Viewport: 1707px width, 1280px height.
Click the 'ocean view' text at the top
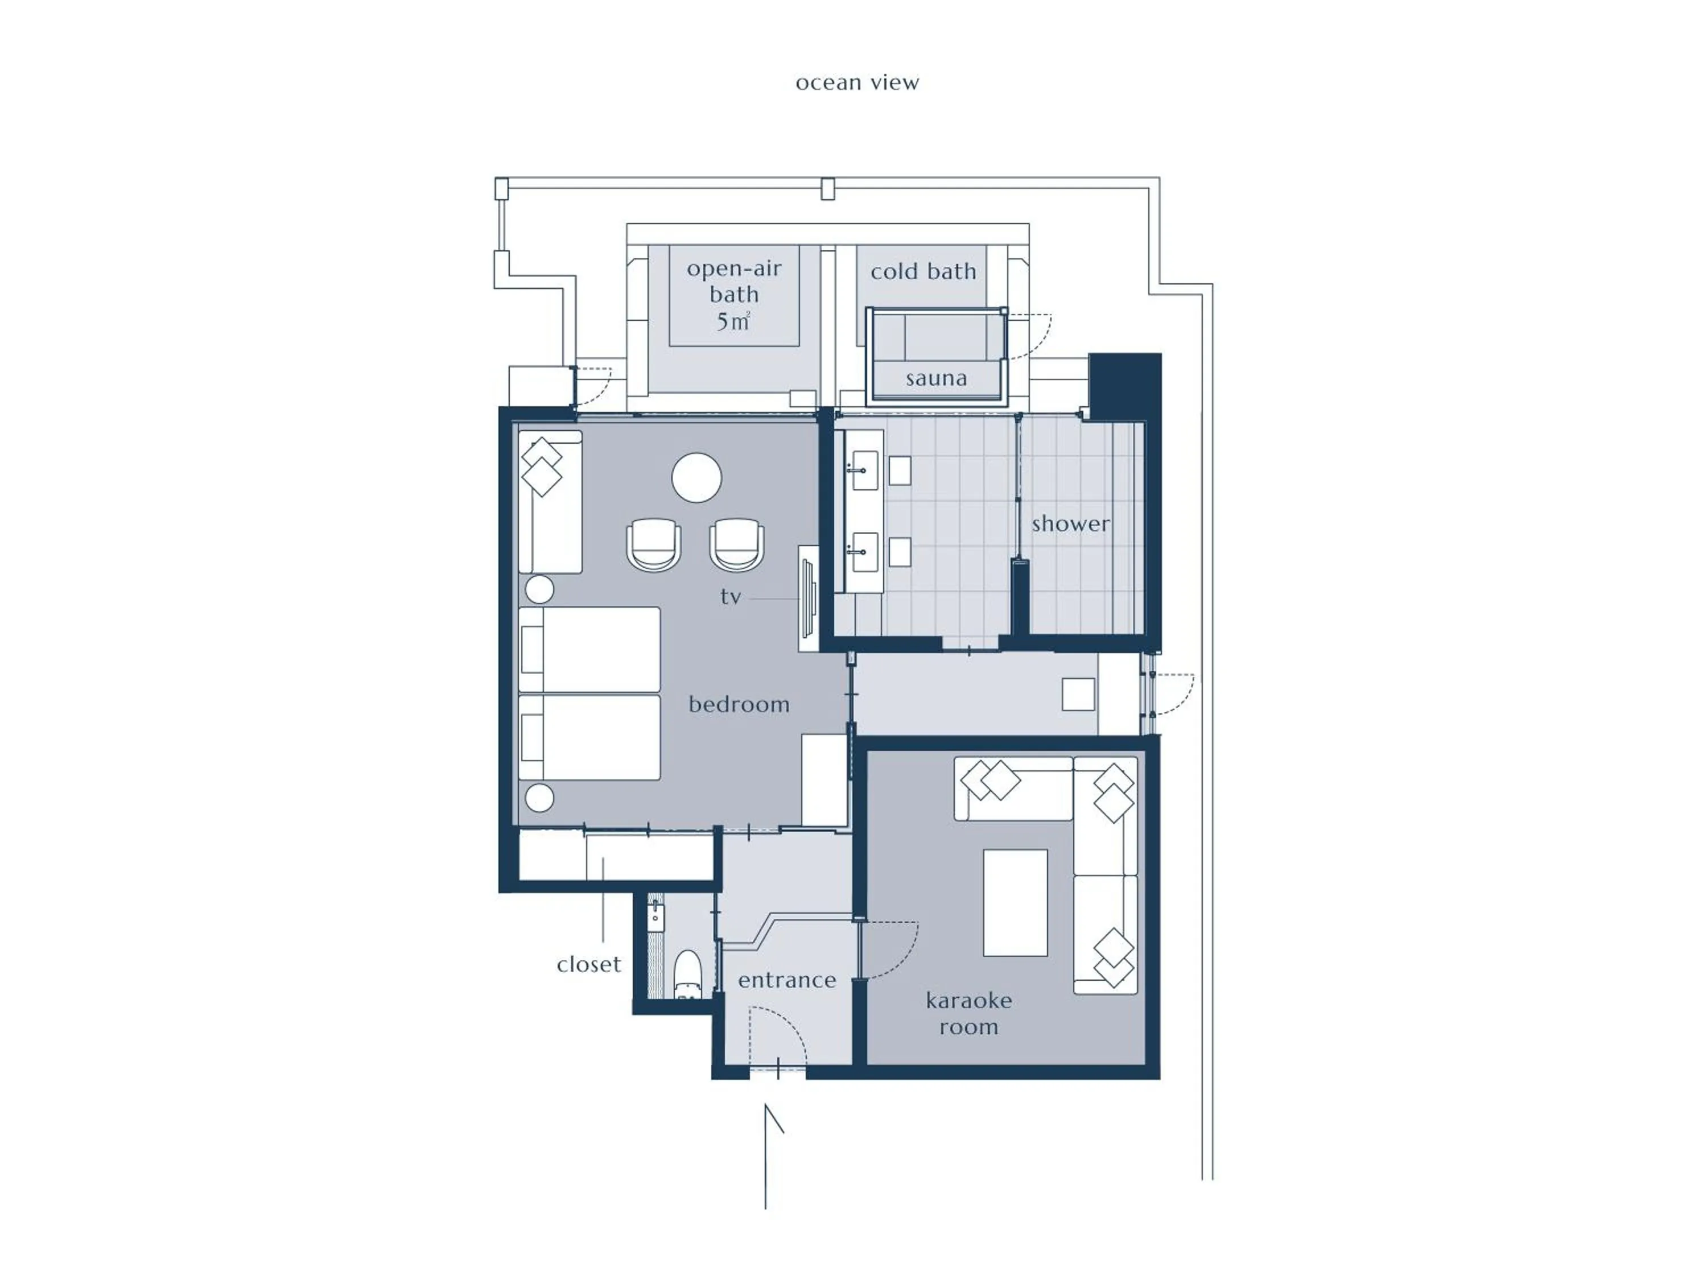pyautogui.click(x=857, y=82)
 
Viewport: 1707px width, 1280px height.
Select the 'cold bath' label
pyautogui.click(x=923, y=271)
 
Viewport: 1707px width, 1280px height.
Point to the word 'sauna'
pyautogui.click(x=936, y=378)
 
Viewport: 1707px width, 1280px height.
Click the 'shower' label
pyautogui.click(x=1070, y=523)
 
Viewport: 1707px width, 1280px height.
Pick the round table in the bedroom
pyautogui.click(x=696, y=478)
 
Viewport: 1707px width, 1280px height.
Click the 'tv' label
pyautogui.click(x=730, y=596)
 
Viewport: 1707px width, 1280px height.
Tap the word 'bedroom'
pyautogui.click(x=739, y=704)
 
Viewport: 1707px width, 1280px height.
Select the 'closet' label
pyautogui.click(x=589, y=964)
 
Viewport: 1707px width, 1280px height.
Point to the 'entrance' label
pyautogui.click(x=786, y=980)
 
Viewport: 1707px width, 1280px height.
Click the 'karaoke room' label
pyautogui.click(x=968, y=1013)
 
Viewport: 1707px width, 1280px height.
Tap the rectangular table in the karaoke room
pyautogui.click(x=1015, y=903)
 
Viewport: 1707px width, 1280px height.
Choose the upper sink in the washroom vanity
pyautogui.click(x=864, y=470)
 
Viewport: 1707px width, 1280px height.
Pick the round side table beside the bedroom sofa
pyautogui.click(x=539, y=589)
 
